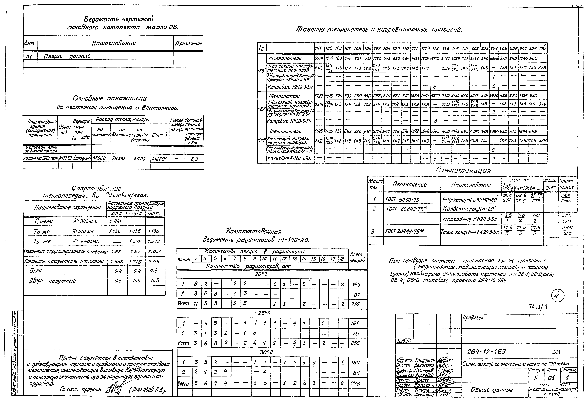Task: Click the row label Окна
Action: [36, 271]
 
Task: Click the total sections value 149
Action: [356, 285]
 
